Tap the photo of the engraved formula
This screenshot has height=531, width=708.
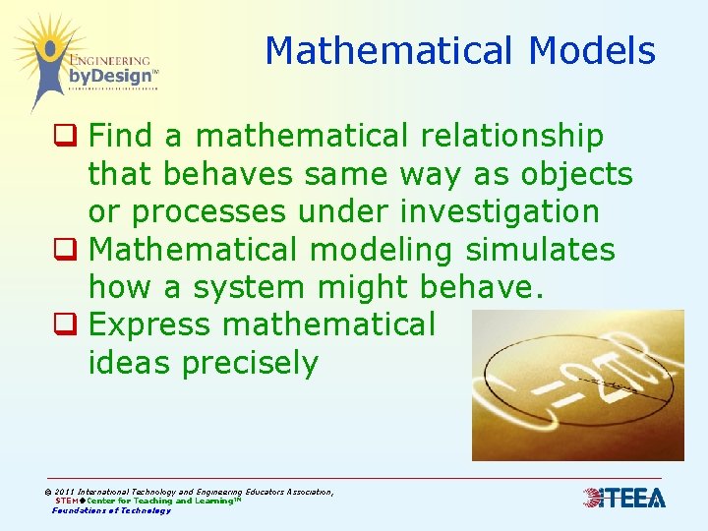577,385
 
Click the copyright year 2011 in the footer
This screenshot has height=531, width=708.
65,491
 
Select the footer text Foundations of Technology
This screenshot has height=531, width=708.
111,510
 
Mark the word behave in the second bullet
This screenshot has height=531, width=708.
478,288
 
